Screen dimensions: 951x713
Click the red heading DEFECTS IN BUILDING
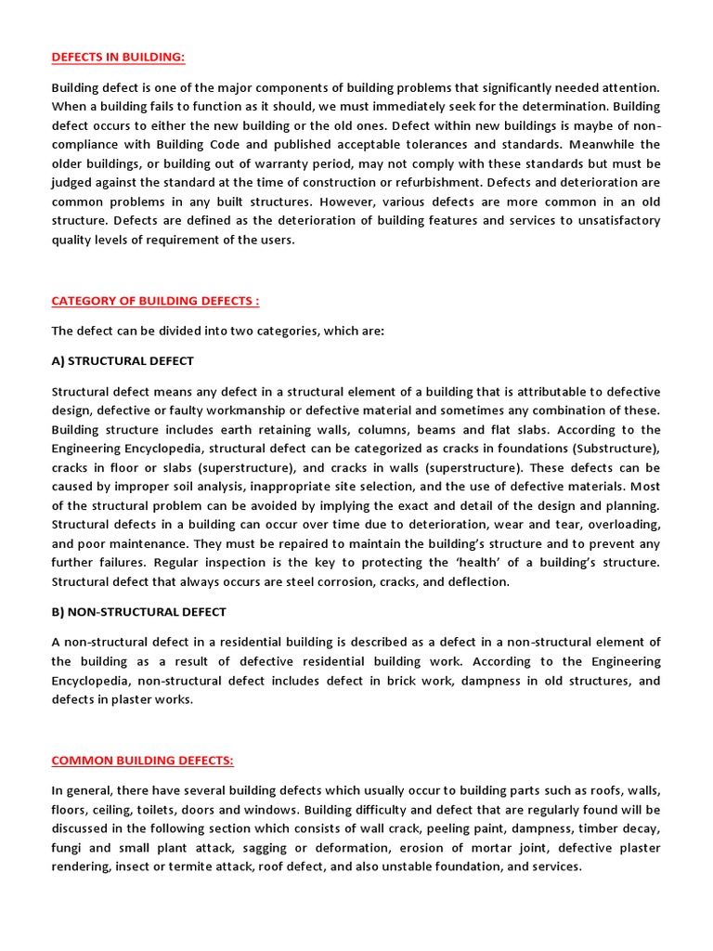[118, 58]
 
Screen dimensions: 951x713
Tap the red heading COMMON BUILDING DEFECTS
[142, 761]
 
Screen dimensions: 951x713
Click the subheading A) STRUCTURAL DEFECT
[123, 360]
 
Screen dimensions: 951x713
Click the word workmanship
[260, 410]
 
